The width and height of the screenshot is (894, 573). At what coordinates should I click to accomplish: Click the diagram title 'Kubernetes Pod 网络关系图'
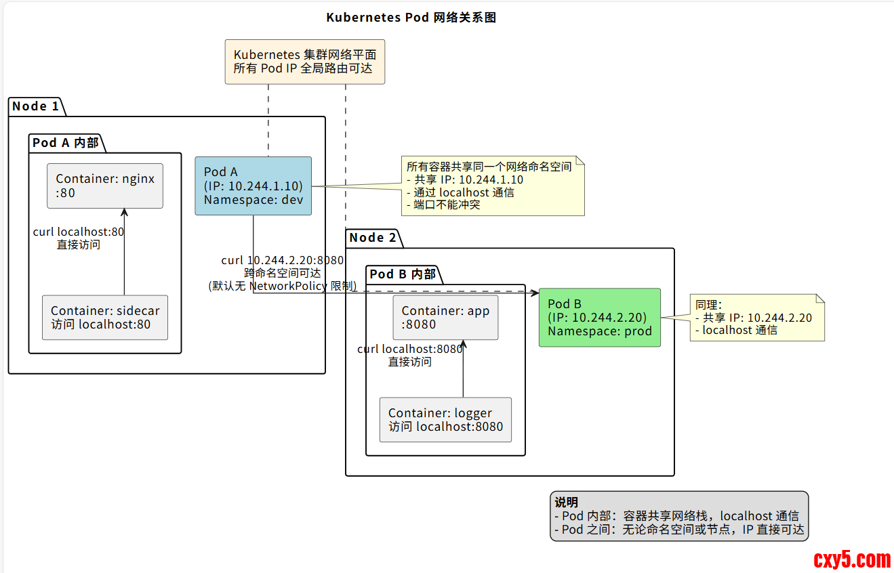tap(411, 18)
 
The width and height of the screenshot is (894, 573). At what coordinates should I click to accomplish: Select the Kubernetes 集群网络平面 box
tap(304, 62)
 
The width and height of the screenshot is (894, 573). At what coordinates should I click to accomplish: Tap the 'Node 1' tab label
tap(35, 106)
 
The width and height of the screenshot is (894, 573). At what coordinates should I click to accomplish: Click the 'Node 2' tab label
tap(373, 238)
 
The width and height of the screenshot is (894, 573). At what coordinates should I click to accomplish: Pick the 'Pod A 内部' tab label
tap(66, 143)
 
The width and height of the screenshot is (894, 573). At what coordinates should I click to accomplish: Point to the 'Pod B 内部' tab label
tap(403, 274)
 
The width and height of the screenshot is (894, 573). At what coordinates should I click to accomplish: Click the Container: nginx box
tap(105, 186)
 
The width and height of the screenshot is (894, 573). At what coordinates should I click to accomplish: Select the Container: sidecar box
tap(105, 318)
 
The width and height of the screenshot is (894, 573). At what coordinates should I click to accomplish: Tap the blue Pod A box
tap(253, 186)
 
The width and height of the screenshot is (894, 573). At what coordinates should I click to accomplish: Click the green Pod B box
tap(599, 318)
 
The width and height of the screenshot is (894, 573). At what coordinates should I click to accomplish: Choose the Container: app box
tap(445, 318)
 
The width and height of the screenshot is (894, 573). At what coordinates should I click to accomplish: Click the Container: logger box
tap(445, 420)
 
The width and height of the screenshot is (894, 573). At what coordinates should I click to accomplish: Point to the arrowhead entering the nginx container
tap(124, 212)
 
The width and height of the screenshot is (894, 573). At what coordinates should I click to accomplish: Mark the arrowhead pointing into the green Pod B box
tap(535, 293)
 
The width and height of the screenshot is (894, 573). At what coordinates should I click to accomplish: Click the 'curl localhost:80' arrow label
tap(79, 232)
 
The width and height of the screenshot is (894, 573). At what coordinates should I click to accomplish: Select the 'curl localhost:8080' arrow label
tap(410, 349)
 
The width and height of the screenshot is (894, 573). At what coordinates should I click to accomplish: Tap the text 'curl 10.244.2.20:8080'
tap(283, 260)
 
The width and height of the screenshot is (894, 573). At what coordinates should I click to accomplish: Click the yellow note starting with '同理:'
tap(756, 318)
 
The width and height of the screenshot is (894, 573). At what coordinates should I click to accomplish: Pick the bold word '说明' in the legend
tap(566, 503)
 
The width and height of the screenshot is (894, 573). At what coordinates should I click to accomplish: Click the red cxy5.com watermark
tap(851, 559)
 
